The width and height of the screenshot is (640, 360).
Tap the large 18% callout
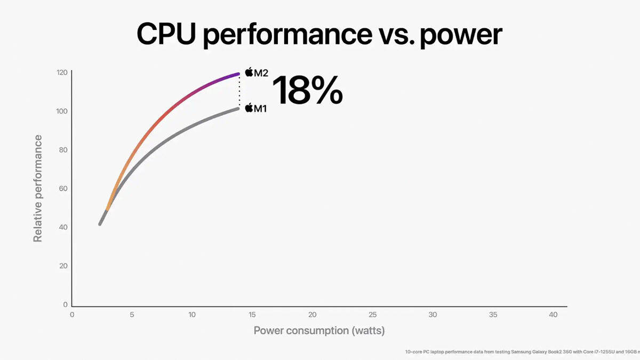click(307, 90)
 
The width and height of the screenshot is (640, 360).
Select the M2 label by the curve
click(261, 73)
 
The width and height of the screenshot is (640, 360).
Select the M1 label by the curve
click(260, 108)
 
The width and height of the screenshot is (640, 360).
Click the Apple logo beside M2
click(249, 71)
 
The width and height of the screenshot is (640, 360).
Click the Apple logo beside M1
click(249, 108)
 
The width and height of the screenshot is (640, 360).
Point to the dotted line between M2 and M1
click(239, 91)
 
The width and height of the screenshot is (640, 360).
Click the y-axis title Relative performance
click(38, 188)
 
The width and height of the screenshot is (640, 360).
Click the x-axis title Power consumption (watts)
click(319, 331)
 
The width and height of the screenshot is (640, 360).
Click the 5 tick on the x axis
click(132, 315)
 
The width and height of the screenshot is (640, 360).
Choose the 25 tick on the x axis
click(373, 315)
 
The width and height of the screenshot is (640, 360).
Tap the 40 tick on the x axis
click(553, 315)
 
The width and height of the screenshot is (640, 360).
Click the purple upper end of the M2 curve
click(237, 74)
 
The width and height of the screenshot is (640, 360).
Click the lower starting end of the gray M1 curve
click(100, 223)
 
